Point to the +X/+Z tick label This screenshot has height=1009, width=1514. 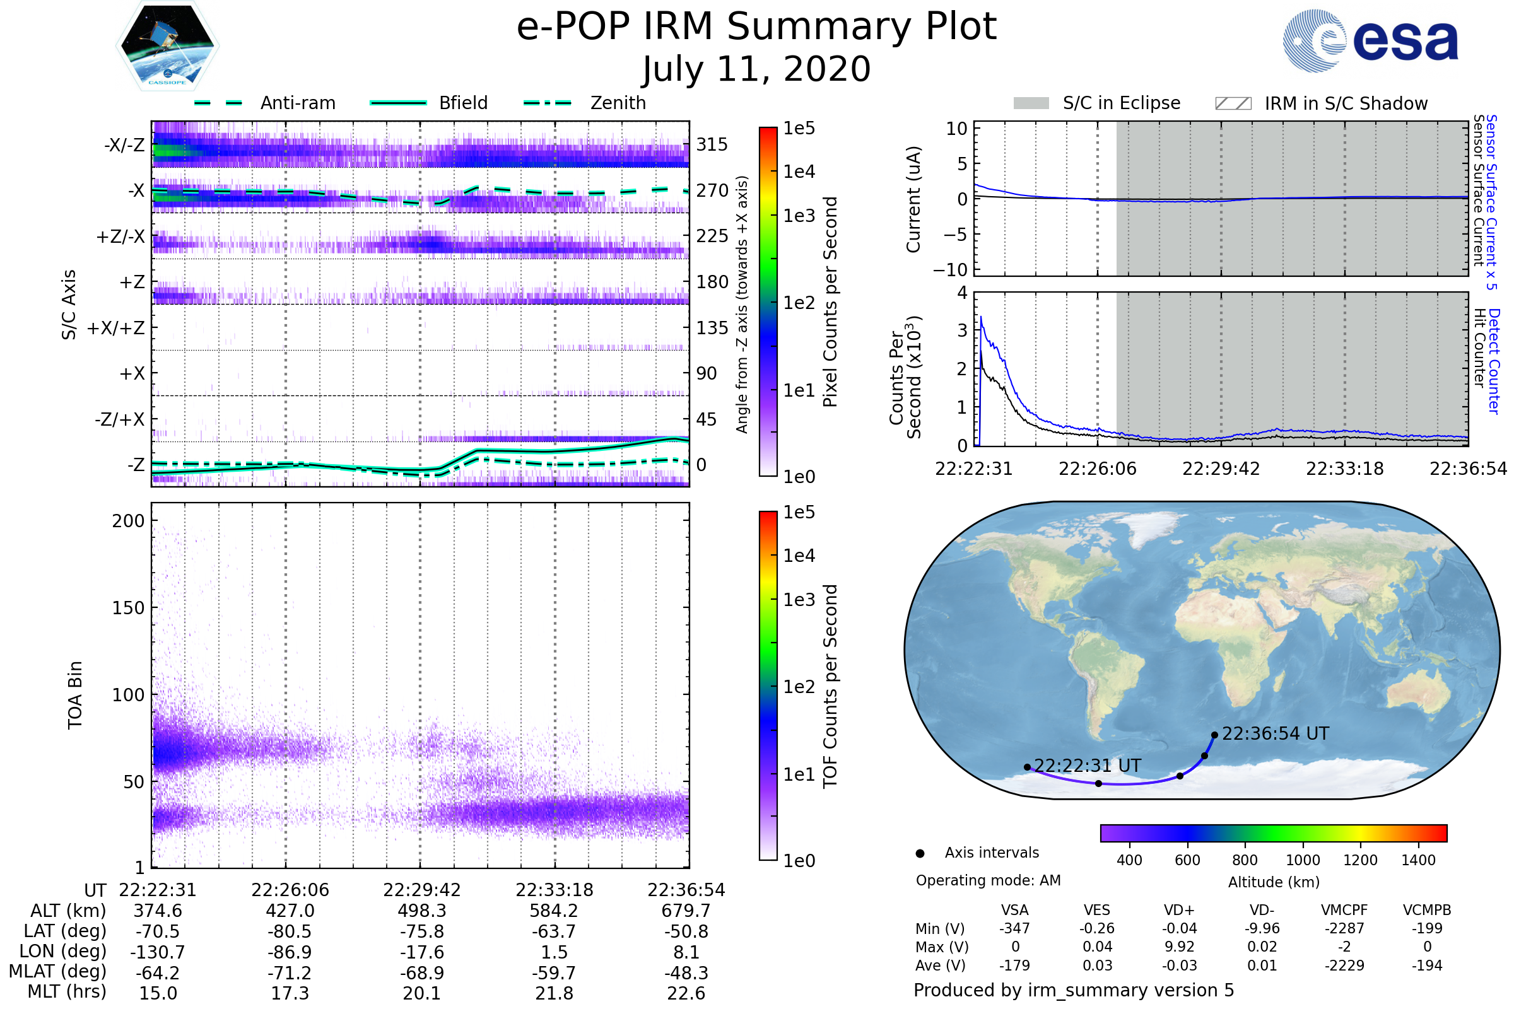[116, 328]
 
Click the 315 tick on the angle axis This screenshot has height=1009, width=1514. [712, 144]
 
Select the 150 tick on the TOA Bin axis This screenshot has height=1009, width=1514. [128, 608]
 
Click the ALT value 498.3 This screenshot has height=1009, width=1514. [421, 911]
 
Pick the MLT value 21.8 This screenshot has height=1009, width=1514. [555, 993]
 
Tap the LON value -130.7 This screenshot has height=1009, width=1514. [158, 952]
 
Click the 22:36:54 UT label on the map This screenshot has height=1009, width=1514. [1275, 733]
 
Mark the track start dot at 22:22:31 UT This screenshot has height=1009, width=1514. [1028, 767]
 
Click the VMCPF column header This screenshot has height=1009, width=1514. [1344, 910]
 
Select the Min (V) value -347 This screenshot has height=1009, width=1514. [1014, 928]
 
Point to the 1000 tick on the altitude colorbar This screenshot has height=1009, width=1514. [1302, 860]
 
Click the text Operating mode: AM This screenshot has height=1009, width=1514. [988, 880]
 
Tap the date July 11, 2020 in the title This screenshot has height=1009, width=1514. [756, 69]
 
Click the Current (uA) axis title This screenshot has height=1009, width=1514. [913, 199]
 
